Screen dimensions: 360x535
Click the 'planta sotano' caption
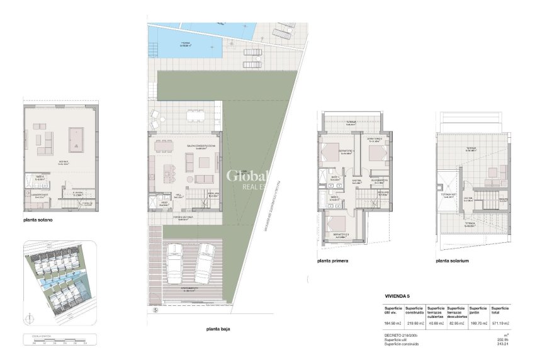pos(44,220)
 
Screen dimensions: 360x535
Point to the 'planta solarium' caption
pos(452,260)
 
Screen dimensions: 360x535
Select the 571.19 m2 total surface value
pos(500,323)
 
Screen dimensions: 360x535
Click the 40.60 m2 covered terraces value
pos(436,323)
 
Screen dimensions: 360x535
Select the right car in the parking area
pos(205,262)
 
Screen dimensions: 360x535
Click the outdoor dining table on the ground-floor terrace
pos(196,115)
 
